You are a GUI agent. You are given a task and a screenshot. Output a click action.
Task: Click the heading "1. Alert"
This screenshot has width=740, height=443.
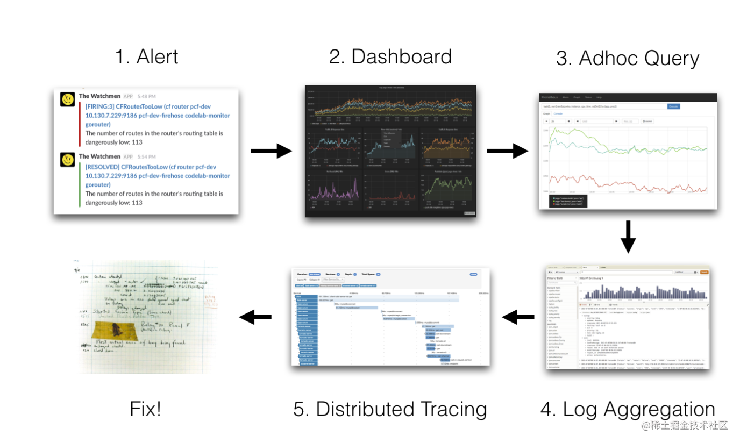[146, 56]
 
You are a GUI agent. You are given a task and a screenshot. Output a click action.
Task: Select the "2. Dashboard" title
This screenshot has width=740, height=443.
[390, 56]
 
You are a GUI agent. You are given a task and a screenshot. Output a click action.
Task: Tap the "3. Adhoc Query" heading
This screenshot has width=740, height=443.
[627, 59]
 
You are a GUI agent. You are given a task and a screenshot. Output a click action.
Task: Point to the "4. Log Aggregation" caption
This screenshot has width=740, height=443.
[628, 409]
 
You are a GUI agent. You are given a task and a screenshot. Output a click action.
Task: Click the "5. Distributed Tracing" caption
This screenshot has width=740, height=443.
[390, 409]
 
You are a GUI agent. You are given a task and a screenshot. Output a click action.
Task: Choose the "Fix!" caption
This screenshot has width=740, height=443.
[145, 410]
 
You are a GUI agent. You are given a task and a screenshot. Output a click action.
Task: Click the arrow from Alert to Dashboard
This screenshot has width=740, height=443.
[271, 151]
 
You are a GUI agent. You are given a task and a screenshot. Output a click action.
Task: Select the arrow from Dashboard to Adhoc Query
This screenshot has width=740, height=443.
[507, 151]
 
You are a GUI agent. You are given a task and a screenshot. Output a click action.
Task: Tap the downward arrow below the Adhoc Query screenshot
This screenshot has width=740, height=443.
[628, 237]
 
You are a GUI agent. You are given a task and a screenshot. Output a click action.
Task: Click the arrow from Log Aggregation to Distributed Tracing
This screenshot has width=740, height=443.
[518, 317]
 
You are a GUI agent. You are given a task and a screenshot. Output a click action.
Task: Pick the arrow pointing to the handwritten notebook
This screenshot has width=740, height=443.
[255, 317]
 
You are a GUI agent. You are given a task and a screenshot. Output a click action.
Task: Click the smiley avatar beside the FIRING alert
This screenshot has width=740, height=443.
[67, 99]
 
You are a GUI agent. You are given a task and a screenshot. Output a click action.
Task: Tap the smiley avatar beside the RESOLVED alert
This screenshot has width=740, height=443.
[67, 159]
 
